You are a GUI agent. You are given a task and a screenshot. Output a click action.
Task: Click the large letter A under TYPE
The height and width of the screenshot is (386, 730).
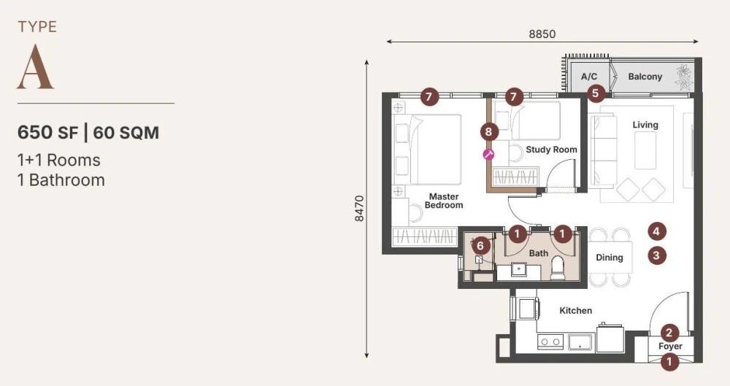point(35,67)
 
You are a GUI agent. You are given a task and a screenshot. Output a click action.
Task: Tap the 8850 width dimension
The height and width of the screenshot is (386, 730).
point(542,34)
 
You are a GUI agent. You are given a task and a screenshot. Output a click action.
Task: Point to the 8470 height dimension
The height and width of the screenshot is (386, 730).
point(359,208)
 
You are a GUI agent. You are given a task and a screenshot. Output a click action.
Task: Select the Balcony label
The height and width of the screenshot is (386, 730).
point(645,77)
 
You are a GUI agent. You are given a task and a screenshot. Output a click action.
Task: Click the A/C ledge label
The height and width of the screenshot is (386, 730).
point(589,77)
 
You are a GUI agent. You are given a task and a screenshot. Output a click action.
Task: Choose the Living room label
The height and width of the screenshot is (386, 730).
point(645,125)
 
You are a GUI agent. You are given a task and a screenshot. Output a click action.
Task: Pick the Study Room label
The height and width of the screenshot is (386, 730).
point(551,150)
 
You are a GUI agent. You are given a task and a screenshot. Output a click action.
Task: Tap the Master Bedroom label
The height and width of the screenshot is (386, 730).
point(444,201)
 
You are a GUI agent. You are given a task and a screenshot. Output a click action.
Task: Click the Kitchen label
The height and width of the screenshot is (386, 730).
point(575,311)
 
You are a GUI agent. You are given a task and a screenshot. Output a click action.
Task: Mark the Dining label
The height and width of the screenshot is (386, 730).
point(610,258)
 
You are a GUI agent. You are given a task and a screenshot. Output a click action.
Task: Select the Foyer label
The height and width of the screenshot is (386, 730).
point(670,346)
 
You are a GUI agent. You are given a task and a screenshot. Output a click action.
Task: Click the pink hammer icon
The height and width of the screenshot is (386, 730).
point(488,155)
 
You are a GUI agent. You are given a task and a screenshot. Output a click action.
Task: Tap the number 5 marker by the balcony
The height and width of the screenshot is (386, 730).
point(596,93)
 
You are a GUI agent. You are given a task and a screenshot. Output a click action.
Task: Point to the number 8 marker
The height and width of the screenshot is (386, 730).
point(489,132)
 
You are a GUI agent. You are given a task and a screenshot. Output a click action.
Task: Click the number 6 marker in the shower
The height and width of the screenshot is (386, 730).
point(480,245)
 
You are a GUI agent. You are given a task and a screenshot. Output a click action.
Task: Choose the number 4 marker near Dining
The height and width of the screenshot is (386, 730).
point(656,231)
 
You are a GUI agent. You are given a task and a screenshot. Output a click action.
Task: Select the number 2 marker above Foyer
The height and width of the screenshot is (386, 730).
point(669,333)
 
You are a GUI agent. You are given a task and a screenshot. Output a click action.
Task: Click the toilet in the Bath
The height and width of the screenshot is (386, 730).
point(558,269)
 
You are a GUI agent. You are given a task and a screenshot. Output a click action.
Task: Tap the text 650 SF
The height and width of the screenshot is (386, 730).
point(47,133)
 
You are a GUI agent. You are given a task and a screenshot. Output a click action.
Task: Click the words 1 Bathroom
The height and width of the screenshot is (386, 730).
point(61,180)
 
